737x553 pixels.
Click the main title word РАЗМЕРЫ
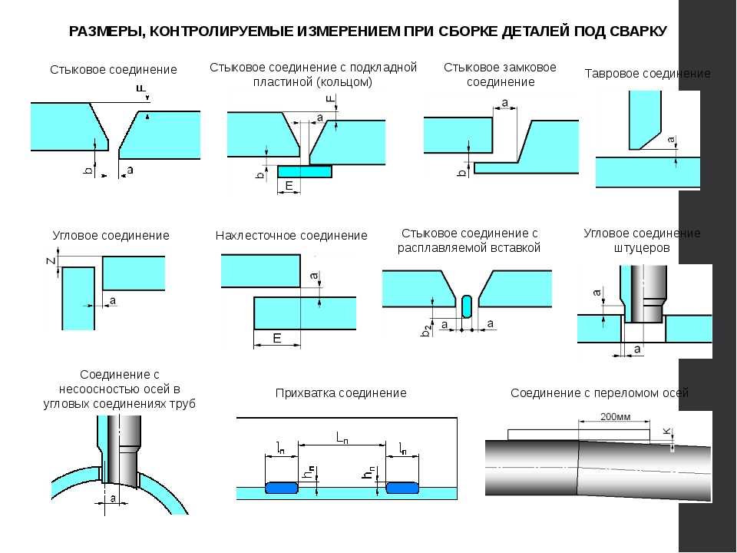pos(105,31)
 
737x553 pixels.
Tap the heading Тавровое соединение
pos(647,74)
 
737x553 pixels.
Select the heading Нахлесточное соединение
pos(292,235)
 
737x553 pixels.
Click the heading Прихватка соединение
pos(340,392)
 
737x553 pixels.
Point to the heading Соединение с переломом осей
pos(600,392)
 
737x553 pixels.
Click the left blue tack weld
pos(283,487)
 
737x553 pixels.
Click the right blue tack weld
pos(402,487)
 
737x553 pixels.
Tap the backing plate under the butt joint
pos(305,171)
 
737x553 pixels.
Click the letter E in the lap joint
pos(277,338)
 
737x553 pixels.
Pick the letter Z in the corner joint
pos(49,261)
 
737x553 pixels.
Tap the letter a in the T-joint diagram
pos(672,141)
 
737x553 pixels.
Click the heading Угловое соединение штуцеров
pos(642,240)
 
